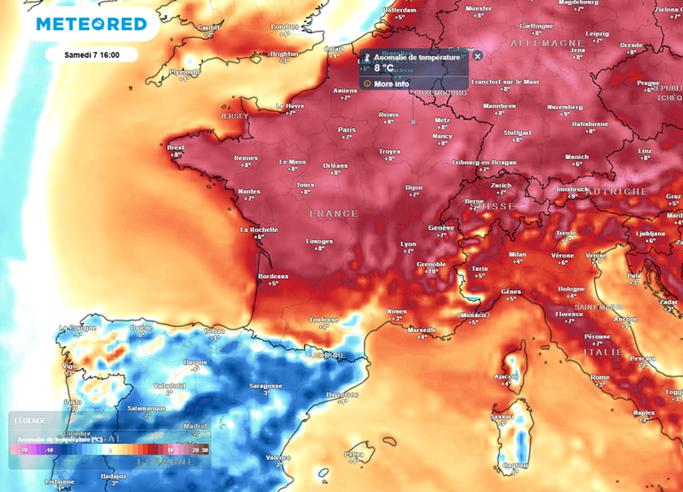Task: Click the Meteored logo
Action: coord(91,24)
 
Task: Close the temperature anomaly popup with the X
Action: coord(477,56)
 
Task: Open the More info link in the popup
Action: coord(391,83)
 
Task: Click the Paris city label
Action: coord(347,130)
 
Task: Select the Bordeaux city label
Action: coord(273,276)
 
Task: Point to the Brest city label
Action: coord(176,147)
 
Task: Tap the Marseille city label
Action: coord(422,329)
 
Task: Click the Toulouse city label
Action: coord(324,319)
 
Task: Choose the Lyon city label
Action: coord(408,243)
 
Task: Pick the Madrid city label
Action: coord(195,425)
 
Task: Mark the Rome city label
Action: coord(600,377)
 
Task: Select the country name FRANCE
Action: coord(333,214)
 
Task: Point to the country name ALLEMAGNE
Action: coord(546,43)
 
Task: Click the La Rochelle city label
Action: coord(259,229)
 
